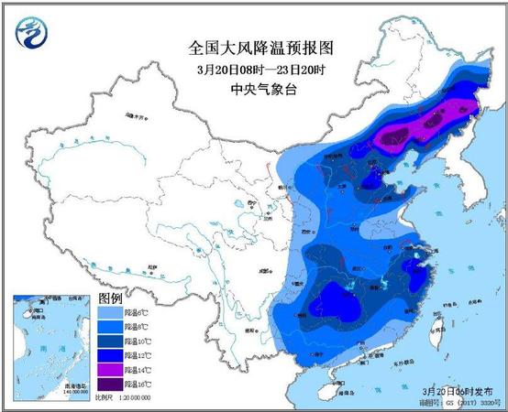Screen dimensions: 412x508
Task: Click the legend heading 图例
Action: pos(109,299)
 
